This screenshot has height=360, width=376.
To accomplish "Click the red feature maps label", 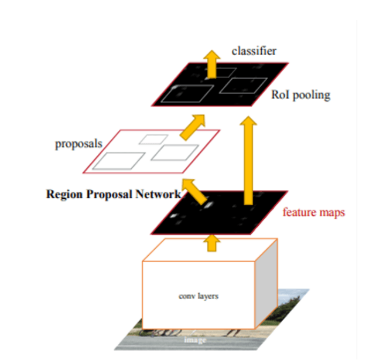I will (313, 212).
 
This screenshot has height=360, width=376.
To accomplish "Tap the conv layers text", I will (198, 296).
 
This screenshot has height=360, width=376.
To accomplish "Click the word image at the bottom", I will (192, 339).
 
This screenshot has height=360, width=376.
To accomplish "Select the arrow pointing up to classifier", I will (211, 64).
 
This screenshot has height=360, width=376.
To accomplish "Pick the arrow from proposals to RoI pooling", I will (194, 126).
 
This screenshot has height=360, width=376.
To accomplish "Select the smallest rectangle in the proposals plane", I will (153, 139).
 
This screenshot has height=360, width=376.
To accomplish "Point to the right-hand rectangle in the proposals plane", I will (175, 152).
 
